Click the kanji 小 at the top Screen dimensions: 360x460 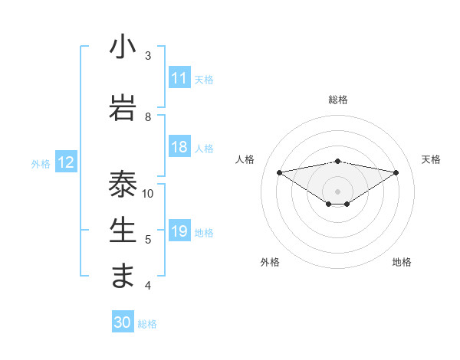tap(123, 47)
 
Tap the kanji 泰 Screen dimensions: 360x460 tap(123, 183)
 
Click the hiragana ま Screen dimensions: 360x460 tap(123, 275)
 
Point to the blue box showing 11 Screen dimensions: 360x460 tap(179, 78)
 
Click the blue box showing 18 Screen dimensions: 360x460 tap(179, 148)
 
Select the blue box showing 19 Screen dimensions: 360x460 tap(179, 232)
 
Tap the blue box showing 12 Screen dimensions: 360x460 tap(66, 162)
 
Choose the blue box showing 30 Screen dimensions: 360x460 tap(123, 322)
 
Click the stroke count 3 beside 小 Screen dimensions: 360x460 tap(148, 56)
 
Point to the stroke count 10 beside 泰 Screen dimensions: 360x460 tap(148, 193)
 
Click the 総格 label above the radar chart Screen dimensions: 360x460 tap(337, 100)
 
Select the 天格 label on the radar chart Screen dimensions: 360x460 tap(431, 159)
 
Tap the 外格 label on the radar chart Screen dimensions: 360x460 tap(270, 262)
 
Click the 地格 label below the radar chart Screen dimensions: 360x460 tap(402, 262)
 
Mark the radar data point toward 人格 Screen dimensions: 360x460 tap(279, 172)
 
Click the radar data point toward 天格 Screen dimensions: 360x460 tap(396, 172)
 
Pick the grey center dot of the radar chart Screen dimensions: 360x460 tap(337, 191)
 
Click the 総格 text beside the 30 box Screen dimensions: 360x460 tap(148, 324)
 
